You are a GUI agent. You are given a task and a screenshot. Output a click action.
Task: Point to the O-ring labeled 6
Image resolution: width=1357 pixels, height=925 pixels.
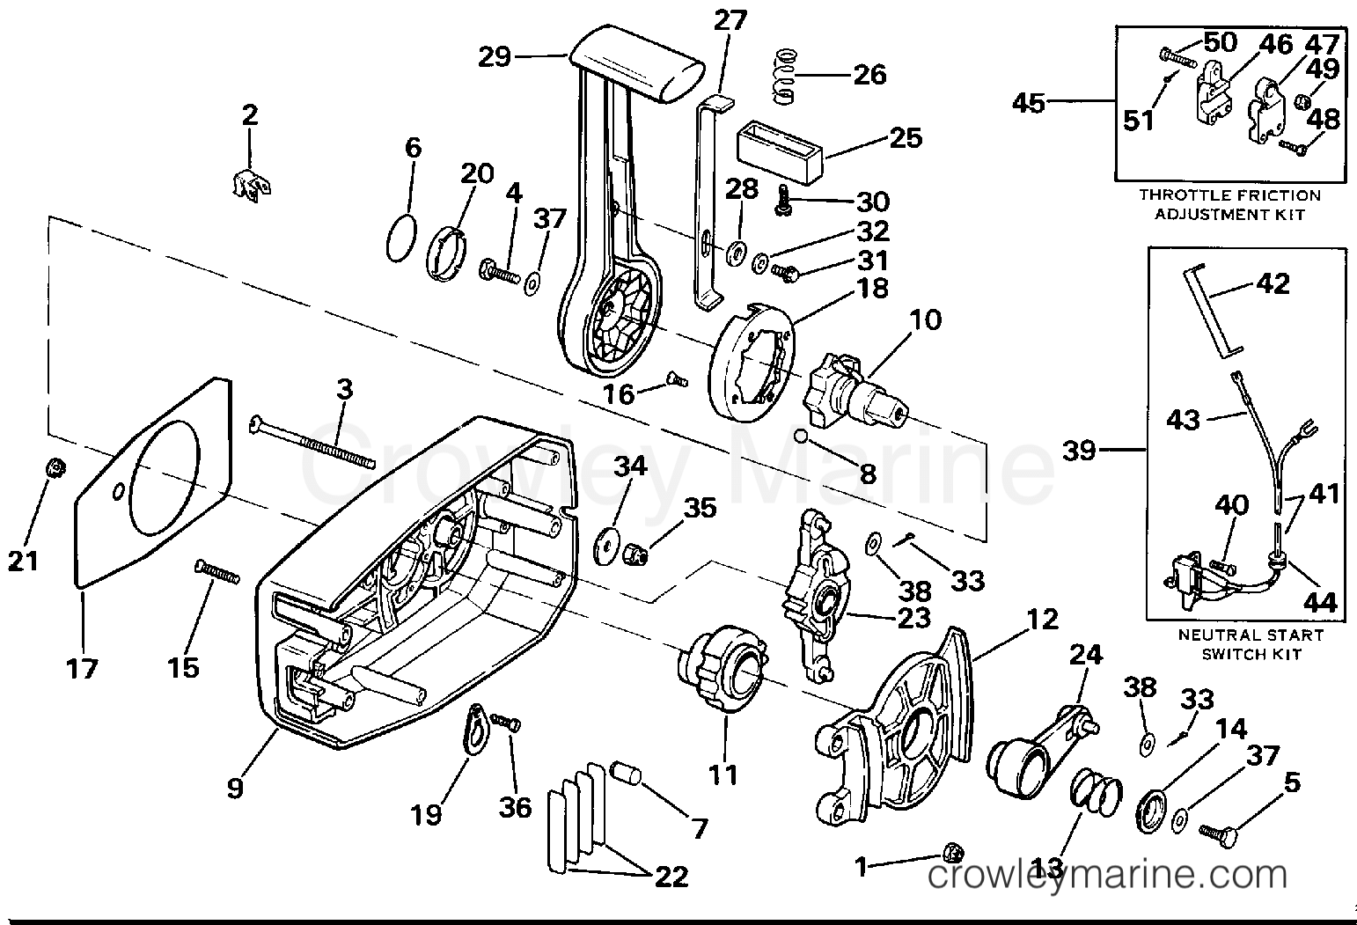[x=401, y=238]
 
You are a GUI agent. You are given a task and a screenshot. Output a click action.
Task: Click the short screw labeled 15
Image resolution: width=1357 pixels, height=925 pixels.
[x=216, y=572]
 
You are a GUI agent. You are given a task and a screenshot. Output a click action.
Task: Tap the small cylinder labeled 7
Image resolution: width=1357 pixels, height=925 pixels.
[x=627, y=777]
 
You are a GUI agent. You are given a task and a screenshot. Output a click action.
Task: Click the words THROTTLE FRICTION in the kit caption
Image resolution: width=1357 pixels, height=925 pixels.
[x=1229, y=195]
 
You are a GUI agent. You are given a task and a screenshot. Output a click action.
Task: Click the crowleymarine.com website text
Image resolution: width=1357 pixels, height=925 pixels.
[x=1108, y=877]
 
